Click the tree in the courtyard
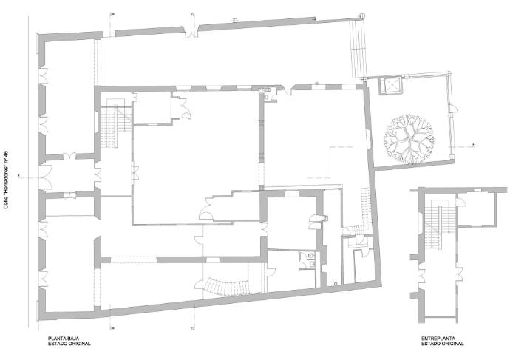pyautogui.click(x=409, y=138)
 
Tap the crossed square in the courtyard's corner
pyautogui.click(x=390, y=86)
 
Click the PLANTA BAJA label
pyautogui.click(x=64, y=339)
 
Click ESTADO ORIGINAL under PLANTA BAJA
pyautogui.click(x=69, y=344)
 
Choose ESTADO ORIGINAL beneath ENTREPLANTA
pyautogui.click(x=442, y=344)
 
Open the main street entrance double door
pyautogui.click(x=46, y=177)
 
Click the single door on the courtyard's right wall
pyautogui.click(x=453, y=109)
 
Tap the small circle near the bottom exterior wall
pyautogui.click(x=336, y=284)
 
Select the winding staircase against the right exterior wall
pyautogui.click(x=361, y=214)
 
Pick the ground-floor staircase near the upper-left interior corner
pyautogui.click(x=115, y=123)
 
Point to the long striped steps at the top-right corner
pyautogui.click(x=358, y=49)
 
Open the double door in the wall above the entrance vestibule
pyautogui.click(x=69, y=156)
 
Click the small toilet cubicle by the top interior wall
pyautogui.click(x=268, y=95)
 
